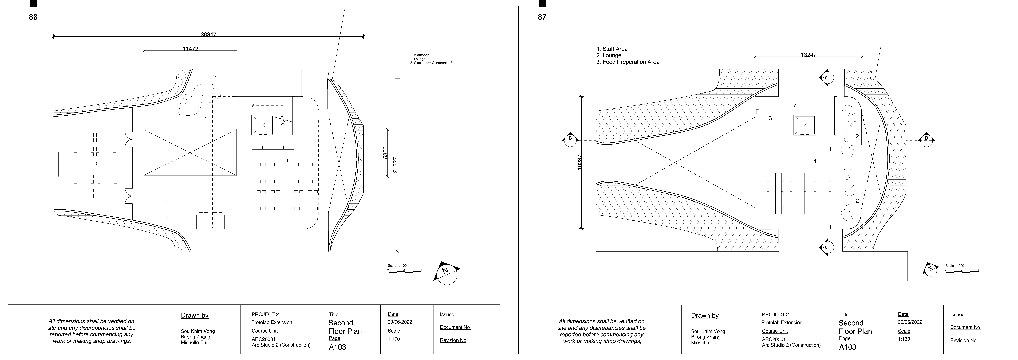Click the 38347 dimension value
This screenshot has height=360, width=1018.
coord(208,34)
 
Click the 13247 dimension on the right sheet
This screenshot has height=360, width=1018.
coord(809,55)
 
